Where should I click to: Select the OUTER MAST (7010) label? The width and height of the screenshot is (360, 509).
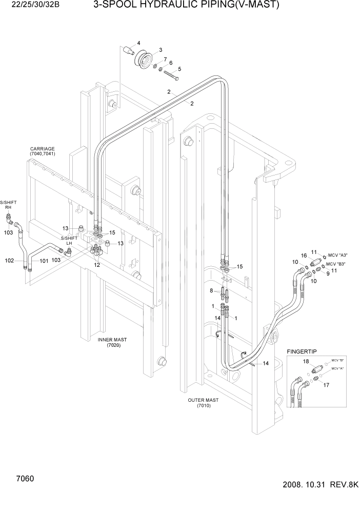pyautogui.click(x=203, y=403)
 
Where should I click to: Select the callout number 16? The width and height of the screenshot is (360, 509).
pyautogui.click(x=304, y=255)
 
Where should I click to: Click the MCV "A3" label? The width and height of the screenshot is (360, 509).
pyautogui.click(x=337, y=255)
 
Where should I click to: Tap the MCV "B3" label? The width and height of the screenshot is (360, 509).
pyautogui.click(x=336, y=264)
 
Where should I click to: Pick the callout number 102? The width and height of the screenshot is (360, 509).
pyautogui.click(x=9, y=261)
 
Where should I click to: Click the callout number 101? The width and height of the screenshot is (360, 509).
pyautogui.click(x=44, y=261)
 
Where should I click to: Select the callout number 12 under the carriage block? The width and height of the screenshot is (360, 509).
pyautogui.click(x=96, y=265)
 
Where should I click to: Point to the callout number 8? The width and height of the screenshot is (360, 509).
pyautogui.click(x=211, y=291)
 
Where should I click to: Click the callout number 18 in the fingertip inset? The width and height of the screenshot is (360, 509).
pyautogui.click(x=306, y=362)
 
